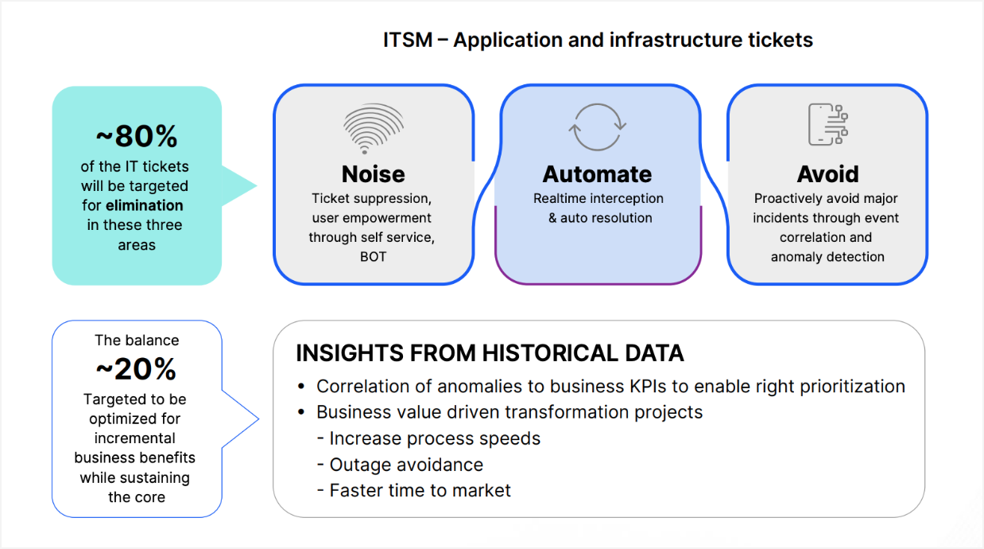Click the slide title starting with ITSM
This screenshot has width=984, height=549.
coord(598,40)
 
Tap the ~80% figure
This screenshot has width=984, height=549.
coord(136,137)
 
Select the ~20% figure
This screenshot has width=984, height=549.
coord(136,369)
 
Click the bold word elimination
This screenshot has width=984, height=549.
coord(144,205)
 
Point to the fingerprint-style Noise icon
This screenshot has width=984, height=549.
coord(373,128)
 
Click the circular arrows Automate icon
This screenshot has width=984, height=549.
coord(598,127)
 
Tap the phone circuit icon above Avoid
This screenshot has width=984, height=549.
coord(827,125)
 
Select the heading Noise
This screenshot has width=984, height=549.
coord(373,174)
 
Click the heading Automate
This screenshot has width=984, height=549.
coord(597,174)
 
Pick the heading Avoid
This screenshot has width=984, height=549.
coord(827,174)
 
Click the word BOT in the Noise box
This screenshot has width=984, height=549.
coord(373,257)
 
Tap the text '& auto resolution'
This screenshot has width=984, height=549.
coord(600,218)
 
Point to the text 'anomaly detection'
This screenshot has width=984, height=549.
coord(827,257)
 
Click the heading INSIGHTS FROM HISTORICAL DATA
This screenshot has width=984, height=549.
coord(490,353)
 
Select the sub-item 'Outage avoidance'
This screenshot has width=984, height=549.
coord(406,465)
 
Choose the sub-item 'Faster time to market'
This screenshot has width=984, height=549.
coord(420,490)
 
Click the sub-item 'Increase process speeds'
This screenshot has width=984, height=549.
coord(435,438)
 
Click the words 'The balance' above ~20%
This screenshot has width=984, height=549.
coord(137,341)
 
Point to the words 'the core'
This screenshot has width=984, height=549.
coord(137,497)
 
